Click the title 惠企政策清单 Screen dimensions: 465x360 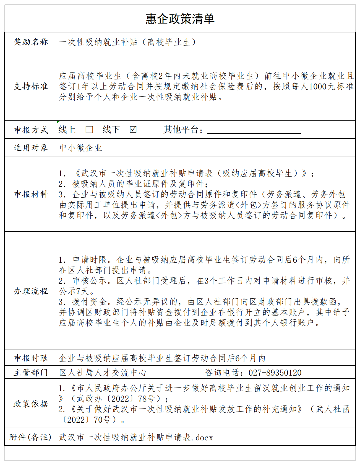point(180,19)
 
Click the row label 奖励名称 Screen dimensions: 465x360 point(31,42)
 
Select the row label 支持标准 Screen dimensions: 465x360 point(31,86)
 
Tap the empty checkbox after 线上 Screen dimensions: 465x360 point(89,130)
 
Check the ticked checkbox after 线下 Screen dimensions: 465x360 point(133,129)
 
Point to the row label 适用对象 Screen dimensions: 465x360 point(31,148)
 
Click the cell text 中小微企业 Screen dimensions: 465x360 point(81,148)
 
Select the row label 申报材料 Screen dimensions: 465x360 point(31,194)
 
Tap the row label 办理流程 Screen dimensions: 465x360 point(31,291)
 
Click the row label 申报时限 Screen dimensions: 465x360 point(31,358)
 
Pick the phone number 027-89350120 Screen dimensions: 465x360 point(275,373)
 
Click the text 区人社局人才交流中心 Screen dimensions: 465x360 point(103,373)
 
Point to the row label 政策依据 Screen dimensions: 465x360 point(31,404)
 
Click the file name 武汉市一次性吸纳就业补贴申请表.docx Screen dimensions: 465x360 point(136,437)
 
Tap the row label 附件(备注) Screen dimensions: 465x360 point(30,437)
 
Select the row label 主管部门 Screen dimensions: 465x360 point(31,372)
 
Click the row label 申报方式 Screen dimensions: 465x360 point(31,130)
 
